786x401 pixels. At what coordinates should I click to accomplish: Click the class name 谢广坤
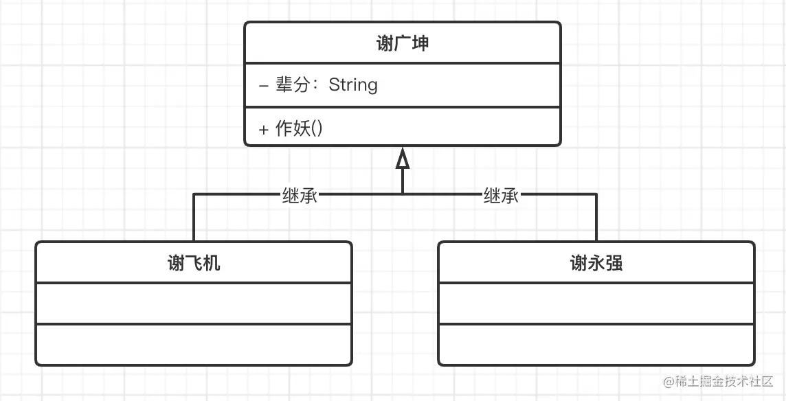(x=403, y=43)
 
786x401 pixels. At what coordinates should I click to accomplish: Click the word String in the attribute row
(x=353, y=85)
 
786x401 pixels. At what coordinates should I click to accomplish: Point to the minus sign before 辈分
(x=264, y=86)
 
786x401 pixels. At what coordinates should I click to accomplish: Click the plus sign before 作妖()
(x=264, y=130)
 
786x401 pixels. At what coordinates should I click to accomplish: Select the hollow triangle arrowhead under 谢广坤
(x=403, y=159)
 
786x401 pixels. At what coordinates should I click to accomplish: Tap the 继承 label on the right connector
(x=501, y=196)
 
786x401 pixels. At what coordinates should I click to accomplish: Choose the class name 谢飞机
(x=194, y=262)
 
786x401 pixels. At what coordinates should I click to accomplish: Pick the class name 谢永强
(x=596, y=262)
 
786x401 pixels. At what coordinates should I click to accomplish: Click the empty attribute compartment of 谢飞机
(x=194, y=303)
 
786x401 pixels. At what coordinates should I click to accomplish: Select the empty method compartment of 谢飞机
(x=194, y=344)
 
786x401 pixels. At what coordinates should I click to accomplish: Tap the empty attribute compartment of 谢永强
(x=596, y=303)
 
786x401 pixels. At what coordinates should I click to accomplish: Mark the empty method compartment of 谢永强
(x=596, y=344)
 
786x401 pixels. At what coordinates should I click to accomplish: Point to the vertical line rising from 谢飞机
(x=194, y=218)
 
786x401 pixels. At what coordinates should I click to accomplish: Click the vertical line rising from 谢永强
(x=596, y=218)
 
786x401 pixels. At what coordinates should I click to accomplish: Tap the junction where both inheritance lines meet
(x=403, y=194)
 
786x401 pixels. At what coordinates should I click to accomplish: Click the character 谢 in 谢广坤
(x=385, y=43)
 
